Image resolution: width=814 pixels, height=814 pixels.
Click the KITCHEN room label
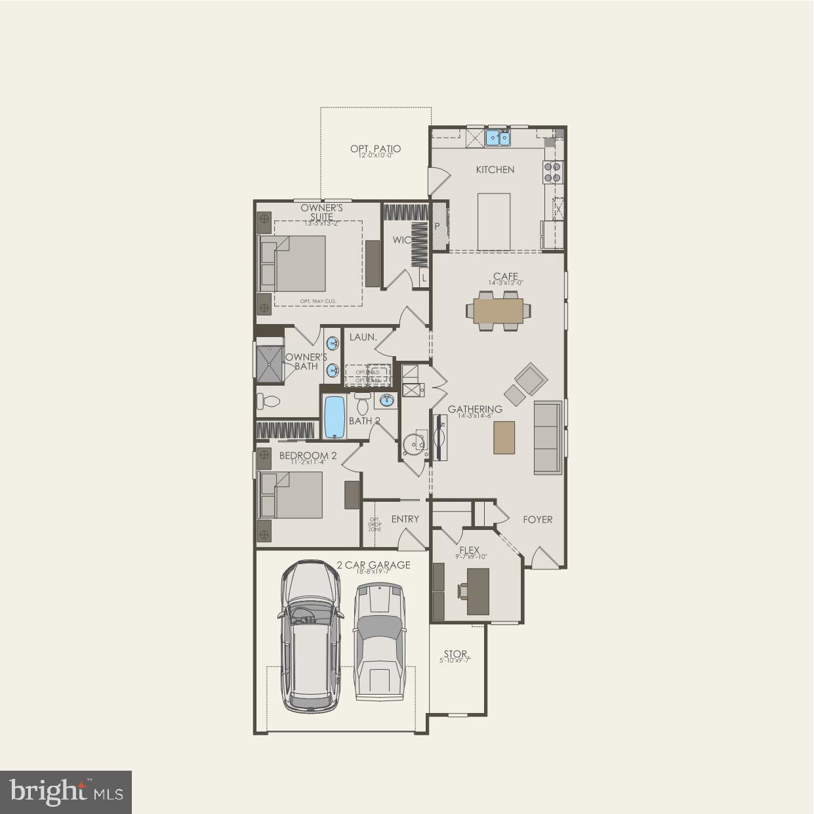pos(495,170)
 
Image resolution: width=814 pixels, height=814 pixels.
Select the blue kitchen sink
pos(498,138)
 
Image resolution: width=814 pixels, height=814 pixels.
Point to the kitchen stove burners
pos(552,172)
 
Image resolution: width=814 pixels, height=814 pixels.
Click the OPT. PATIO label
pos(375,150)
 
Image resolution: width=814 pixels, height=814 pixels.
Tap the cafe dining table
pos(499,311)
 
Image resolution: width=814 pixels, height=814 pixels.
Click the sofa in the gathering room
pos(548,438)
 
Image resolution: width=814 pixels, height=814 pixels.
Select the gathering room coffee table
pos(504,437)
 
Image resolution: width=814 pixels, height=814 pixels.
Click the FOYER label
pos(537,519)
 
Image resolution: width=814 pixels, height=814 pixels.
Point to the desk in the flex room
pos(478,591)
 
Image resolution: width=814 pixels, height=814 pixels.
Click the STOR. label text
pos(455,654)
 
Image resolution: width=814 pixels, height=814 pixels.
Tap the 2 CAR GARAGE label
pos(373,565)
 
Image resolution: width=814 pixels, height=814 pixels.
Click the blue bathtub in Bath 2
pos(335,417)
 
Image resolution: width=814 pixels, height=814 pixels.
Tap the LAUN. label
pos(363,337)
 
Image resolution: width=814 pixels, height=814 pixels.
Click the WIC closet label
pos(401,240)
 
